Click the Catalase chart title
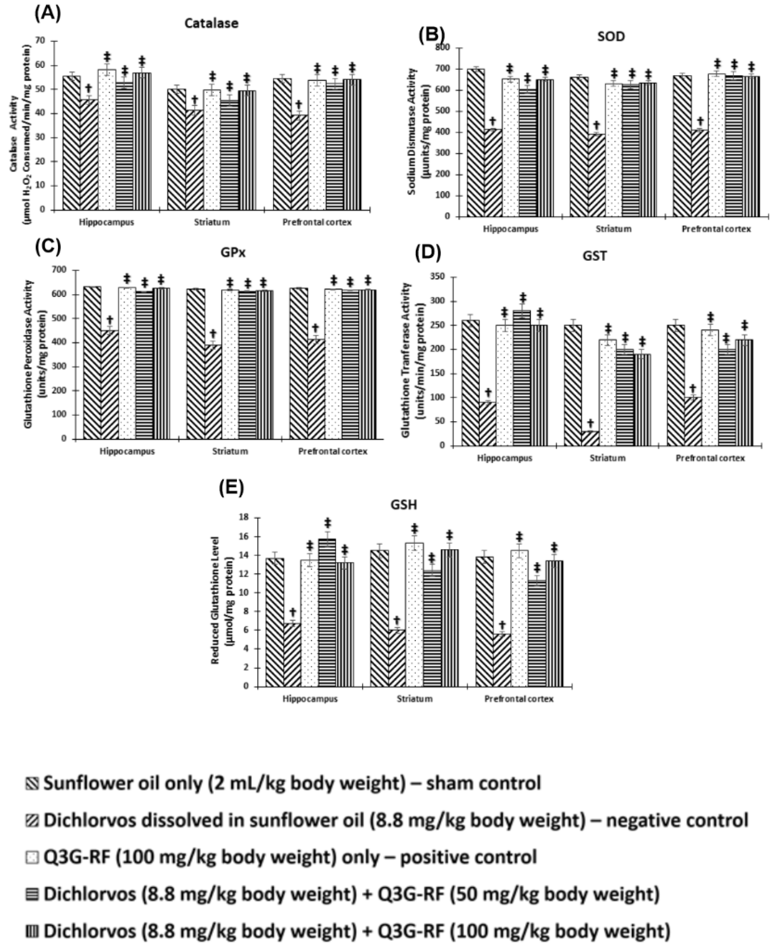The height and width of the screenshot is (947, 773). (x=211, y=23)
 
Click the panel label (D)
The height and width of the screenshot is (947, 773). (x=427, y=253)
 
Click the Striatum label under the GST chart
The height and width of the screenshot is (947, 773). (x=607, y=458)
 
